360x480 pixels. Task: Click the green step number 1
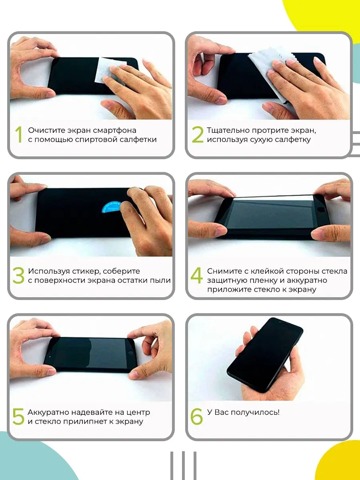click(x=19, y=134)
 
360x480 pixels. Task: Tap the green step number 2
click(x=197, y=134)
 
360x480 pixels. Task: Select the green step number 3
click(x=18, y=275)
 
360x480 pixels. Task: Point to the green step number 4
click(x=197, y=275)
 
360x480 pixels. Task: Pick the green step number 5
click(x=18, y=416)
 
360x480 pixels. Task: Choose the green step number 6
click(x=197, y=416)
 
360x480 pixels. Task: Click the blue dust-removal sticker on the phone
click(x=111, y=207)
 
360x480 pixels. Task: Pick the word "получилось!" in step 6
click(x=255, y=412)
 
